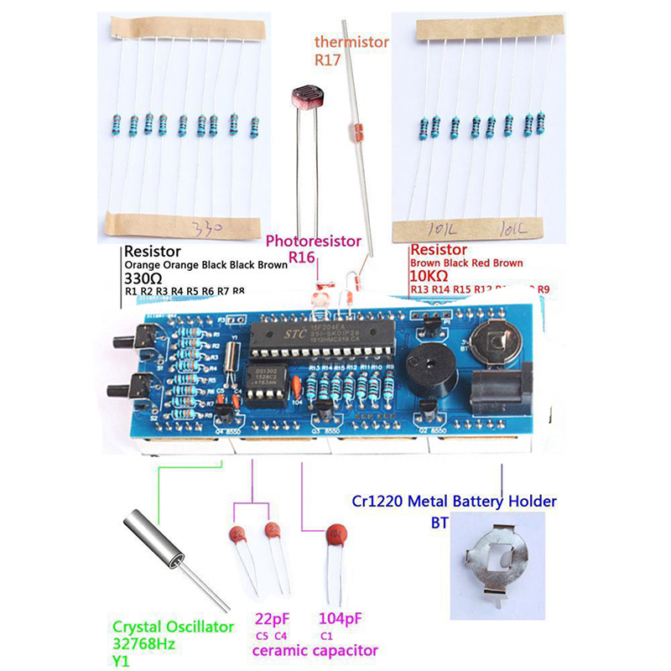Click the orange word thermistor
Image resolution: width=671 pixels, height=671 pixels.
click(351, 43)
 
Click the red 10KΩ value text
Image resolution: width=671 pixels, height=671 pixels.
click(429, 275)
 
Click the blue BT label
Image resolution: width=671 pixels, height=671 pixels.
click(440, 521)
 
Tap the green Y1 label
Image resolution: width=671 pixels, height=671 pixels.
click(122, 660)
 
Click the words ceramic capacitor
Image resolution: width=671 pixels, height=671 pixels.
click(315, 650)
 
